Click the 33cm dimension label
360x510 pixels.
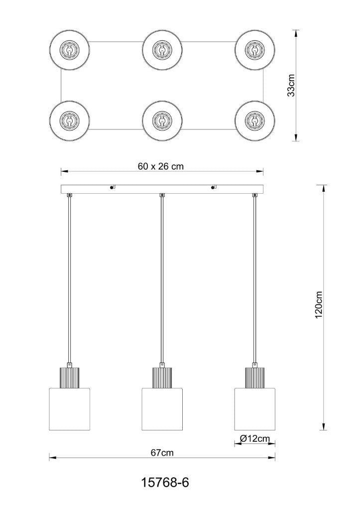[x=292, y=85]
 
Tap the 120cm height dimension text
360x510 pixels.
[x=319, y=305]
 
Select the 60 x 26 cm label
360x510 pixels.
[x=161, y=166]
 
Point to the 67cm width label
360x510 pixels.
[x=162, y=453]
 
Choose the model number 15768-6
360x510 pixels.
[x=165, y=483]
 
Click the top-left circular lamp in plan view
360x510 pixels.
[x=69, y=50]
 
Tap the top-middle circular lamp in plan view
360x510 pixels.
[x=162, y=50]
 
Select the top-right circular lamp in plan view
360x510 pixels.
[x=254, y=50]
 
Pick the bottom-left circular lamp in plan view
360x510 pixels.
[x=69, y=121]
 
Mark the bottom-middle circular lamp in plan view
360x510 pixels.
[x=162, y=121]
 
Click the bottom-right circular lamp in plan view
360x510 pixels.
[x=254, y=121]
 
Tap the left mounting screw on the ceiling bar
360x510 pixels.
[x=110, y=188]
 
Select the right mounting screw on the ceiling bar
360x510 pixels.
[x=214, y=188]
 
